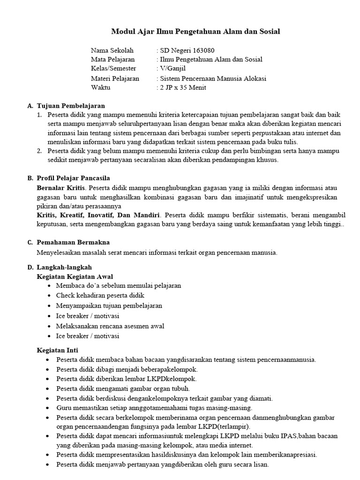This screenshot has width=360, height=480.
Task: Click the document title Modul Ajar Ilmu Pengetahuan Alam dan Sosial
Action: tap(195, 32)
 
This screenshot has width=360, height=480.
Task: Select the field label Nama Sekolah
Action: tap(112, 51)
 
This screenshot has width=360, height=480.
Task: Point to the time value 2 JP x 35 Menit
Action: tap(183, 87)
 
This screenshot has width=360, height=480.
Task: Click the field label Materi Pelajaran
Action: tap(115, 78)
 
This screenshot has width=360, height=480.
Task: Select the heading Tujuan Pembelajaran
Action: tap(71, 106)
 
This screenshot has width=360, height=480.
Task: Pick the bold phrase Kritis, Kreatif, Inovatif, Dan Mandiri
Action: tap(98, 215)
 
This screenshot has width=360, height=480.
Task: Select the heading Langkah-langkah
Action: tap(61, 267)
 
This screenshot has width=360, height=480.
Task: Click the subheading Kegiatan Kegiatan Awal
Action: tap(75, 277)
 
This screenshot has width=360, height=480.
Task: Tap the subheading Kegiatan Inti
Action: tap(57, 350)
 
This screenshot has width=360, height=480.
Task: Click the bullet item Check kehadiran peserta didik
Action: tap(100, 295)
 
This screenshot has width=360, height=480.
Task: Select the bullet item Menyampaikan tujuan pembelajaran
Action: tap(109, 306)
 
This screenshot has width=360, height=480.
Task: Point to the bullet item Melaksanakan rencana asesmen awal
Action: tap(110, 326)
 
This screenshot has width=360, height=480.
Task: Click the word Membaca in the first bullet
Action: tap(69, 285)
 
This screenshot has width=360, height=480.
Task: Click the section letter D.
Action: tap(30, 267)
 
